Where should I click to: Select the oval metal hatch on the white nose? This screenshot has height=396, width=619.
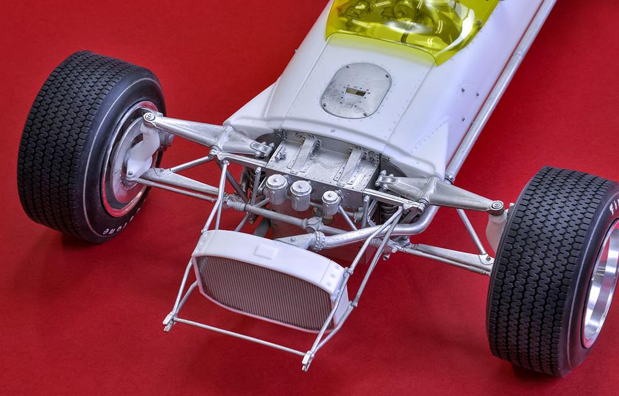355,90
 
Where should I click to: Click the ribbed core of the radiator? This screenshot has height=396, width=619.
266,288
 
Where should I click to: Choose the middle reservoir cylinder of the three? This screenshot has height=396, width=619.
301,195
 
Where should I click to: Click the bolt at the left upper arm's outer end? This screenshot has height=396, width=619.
149,116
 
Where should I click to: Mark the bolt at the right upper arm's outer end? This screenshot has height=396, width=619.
496,206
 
